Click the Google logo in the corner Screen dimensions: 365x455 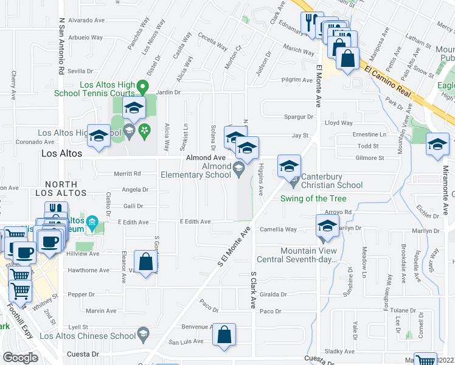[19, 358]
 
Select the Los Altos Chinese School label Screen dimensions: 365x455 [88, 336]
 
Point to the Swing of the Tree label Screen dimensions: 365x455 [313, 198]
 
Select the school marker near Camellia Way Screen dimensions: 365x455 [327, 226]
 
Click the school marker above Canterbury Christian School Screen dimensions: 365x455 [290, 165]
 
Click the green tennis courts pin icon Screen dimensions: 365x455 [143, 86]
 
